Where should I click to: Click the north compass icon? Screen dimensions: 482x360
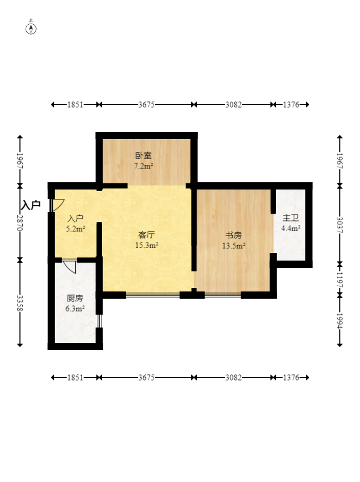click(x=31, y=28)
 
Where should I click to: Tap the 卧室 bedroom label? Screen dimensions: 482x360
click(x=143, y=155)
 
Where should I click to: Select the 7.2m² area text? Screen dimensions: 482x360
click(x=143, y=166)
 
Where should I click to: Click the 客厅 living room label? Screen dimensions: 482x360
click(x=146, y=235)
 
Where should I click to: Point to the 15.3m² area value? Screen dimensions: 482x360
click(x=146, y=246)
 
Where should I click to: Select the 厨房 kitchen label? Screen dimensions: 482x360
click(x=75, y=298)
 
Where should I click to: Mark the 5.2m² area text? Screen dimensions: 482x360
click(x=76, y=229)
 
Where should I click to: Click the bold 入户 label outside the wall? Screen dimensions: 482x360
click(x=31, y=205)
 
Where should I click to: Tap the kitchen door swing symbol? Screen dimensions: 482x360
click(x=70, y=267)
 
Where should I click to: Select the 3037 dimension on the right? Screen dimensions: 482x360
click(x=339, y=225)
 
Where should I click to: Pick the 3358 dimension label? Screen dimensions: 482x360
click(x=20, y=303)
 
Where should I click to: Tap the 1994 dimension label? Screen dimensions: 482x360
click(x=339, y=320)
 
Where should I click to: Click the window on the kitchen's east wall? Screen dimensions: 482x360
click(x=99, y=320)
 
